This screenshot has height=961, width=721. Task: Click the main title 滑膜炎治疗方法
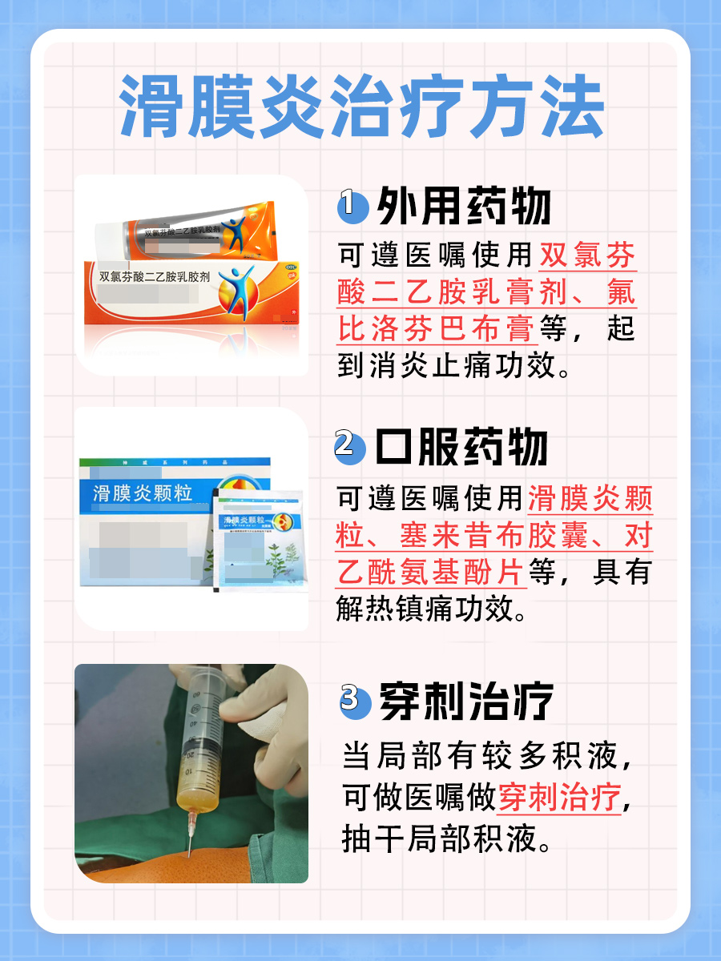pos(360,106)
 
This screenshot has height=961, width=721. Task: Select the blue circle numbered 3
pos(350,699)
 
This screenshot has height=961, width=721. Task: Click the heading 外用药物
pos(465,207)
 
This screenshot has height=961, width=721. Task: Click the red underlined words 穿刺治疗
pos(559,798)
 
